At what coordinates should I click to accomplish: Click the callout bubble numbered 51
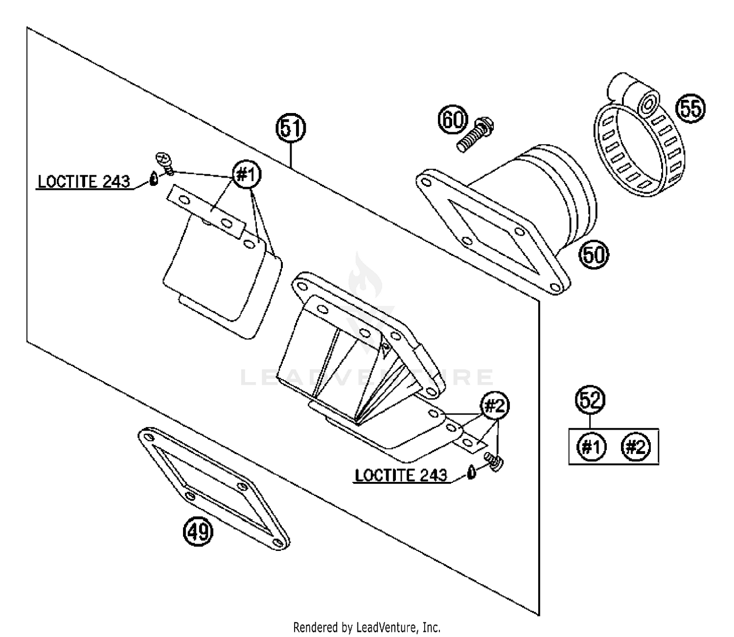point(291,128)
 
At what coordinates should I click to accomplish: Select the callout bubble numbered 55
point(690,108)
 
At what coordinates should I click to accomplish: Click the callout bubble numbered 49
point(199,531)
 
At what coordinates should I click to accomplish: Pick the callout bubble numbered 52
point(590,401)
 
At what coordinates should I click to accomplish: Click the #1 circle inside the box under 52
point(591,446)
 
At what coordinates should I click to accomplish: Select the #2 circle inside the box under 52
point(636,446)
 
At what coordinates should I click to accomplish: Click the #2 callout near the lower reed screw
point(496,406)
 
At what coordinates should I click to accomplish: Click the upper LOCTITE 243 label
point(84,182)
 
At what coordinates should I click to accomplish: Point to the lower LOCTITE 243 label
point(401,475)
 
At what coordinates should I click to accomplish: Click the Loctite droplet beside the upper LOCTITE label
point(154,180)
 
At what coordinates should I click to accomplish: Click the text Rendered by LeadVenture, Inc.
point(367,627)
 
